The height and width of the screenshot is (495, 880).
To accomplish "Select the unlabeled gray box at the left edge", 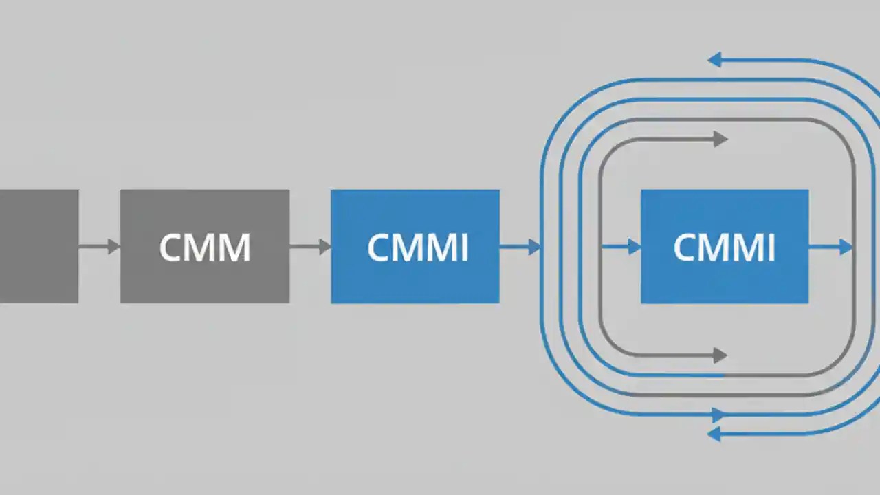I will point(38,246).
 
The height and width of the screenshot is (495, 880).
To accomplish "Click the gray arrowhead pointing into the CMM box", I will point(113,246).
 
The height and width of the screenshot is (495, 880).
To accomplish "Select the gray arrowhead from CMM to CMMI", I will point(324,246).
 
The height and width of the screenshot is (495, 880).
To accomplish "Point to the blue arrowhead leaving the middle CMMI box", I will point(534,246).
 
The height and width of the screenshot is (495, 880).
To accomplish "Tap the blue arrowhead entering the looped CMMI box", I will point(634,246).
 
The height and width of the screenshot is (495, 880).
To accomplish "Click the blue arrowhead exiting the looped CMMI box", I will point(846,246).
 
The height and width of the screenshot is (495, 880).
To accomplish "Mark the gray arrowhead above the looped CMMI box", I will point(720,139).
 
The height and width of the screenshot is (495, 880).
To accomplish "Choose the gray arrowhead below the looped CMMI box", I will point(720,355).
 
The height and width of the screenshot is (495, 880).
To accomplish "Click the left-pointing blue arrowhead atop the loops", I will point(715,60).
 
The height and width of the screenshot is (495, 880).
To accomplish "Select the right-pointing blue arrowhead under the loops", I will point(718,415).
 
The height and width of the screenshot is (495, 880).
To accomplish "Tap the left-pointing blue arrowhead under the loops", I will point(715,434).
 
